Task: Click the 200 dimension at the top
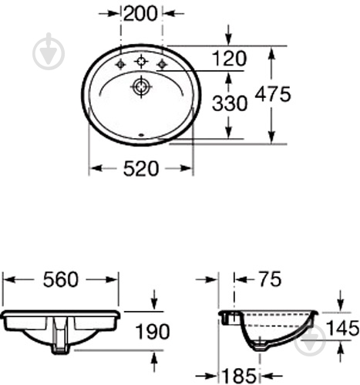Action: pos(140,13)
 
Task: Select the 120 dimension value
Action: pos(230,59)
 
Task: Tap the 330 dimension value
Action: pos(230,103)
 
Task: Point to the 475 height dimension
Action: pos(273,94)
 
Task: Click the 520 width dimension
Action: pos(141,169)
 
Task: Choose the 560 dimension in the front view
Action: pos(60,279)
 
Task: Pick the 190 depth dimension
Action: pos(153,331)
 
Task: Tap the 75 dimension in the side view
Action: pos(270,279)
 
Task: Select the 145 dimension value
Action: pos(342,328)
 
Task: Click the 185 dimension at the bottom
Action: pos(239,376)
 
